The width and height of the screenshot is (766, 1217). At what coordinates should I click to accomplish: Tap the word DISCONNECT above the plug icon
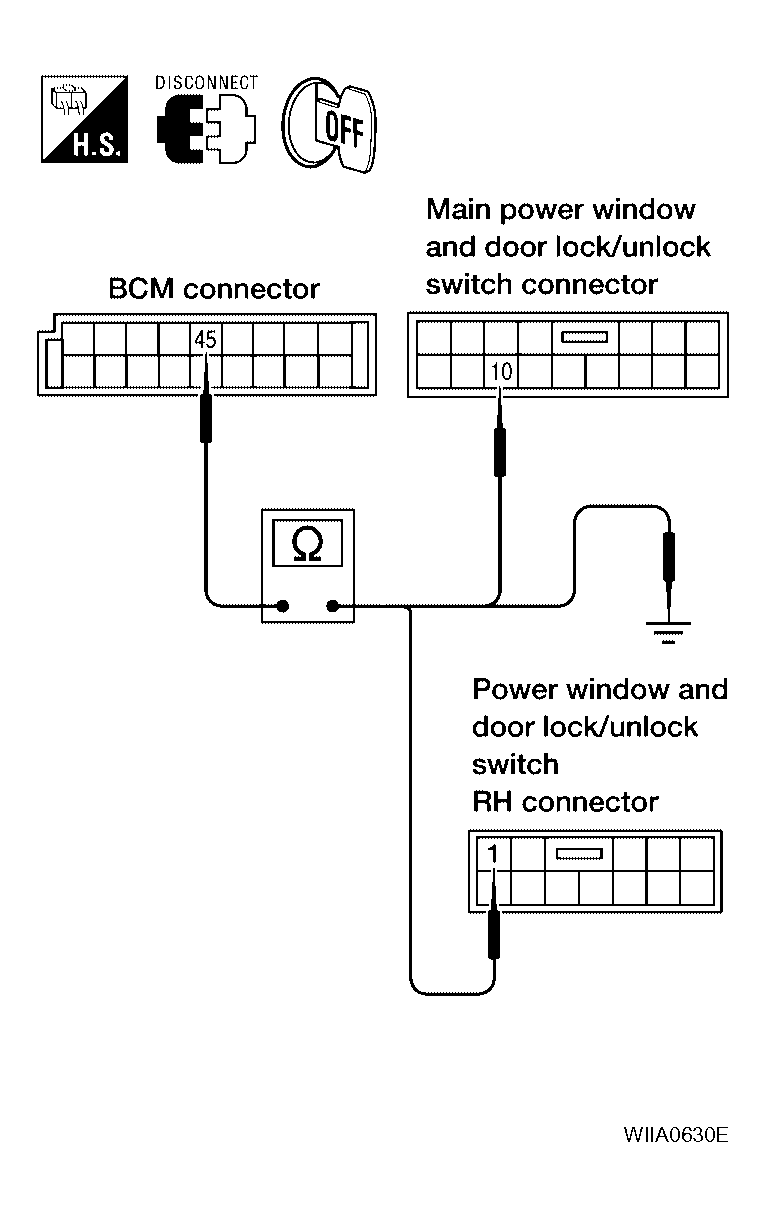coord(207,83)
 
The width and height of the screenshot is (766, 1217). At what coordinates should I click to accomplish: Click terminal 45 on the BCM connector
coord(205,340)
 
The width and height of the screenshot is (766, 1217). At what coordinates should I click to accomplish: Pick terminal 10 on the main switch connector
coord(502,373)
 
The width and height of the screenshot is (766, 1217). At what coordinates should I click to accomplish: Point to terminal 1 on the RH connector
coord(493,855)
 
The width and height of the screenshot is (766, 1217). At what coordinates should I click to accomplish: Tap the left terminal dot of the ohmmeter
coord(283,605)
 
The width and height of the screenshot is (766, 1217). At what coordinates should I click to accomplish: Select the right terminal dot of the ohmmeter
coord(333,605)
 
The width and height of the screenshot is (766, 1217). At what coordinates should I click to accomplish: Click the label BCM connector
coord(214,290)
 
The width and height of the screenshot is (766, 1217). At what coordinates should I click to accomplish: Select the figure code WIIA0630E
coord(675,1135)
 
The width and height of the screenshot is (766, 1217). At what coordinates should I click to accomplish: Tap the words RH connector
coord(566,802)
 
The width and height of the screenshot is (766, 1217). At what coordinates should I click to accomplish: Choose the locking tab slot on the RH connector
coord(578,855)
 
